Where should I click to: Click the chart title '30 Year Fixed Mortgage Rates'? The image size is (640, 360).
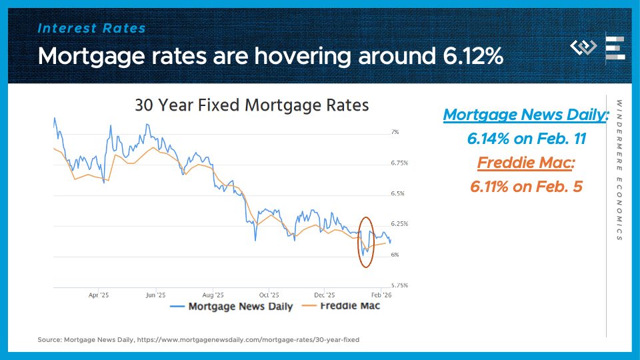point(251,105)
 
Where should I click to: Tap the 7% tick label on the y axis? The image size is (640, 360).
point(395,133)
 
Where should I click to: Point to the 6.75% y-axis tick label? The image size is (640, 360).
point(399,163)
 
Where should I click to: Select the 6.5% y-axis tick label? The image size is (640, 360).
point(397,193)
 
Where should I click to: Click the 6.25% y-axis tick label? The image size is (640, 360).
point(399,224)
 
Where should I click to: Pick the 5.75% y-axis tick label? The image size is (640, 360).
point(399,285)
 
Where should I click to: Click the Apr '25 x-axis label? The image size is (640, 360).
point(98,294)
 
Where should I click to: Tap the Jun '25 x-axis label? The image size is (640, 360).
point(155,294)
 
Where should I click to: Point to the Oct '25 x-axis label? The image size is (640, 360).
point(268,294)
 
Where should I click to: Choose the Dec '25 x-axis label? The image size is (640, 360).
point(324,294)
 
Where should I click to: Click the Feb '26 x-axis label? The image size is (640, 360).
point(380,294)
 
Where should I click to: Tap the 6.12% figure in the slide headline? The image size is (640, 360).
point(473,57)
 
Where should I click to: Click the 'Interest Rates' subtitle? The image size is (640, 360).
point(92,28)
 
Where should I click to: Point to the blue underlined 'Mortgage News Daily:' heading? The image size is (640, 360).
point(526,115)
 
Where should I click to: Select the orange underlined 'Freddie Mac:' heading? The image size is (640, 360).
point(526,163)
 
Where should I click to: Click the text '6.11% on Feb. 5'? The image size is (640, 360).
point(526,187)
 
